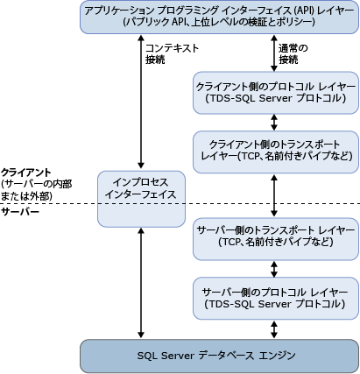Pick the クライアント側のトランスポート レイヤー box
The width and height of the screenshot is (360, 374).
click(x=276, y=152)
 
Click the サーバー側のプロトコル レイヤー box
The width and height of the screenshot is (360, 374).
click(x=276, y=296)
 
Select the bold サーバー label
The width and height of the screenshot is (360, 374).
click(x=23, y=213)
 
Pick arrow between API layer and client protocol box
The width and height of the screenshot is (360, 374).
click(x=276, y=55)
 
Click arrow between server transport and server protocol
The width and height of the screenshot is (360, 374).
click(x=276, y=267)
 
